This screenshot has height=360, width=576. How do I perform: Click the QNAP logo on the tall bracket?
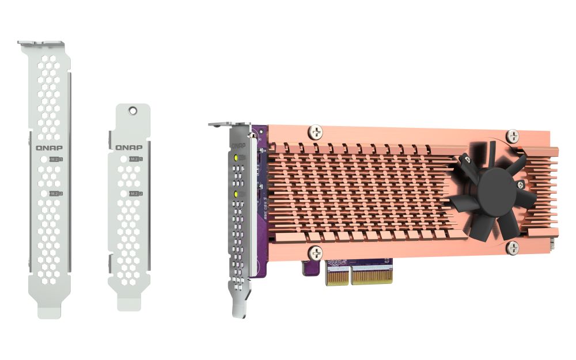coord(50,147)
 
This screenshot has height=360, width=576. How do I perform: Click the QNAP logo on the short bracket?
coord(128,147)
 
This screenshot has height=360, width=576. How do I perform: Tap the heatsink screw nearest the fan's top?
coord(513,137)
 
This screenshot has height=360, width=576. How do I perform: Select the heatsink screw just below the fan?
coord(511,248)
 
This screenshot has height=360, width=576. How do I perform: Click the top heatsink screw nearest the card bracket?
coord(315,132)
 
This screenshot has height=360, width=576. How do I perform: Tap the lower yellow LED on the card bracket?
coord(236,195)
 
